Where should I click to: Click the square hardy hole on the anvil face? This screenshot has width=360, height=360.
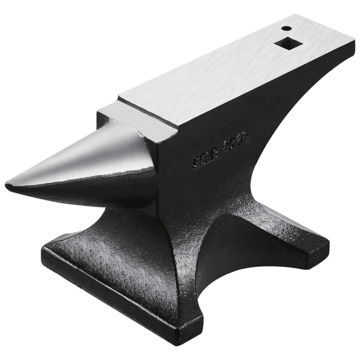pyautogui.click(x=286, y=44)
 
